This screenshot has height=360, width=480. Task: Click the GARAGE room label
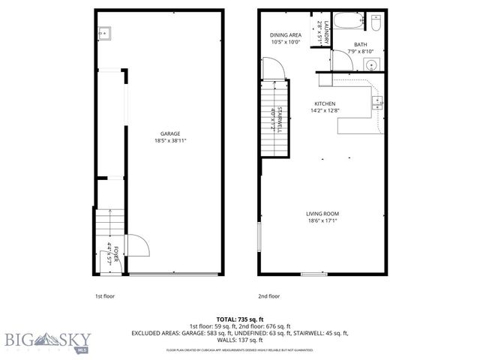[169, 133]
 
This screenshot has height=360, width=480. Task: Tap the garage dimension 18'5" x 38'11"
[169, 141]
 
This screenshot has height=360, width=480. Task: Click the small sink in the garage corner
[104, 32]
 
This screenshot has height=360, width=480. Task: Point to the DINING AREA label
[286, 34]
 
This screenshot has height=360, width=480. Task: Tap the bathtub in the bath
[349, 23]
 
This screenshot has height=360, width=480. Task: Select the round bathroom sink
[371, 65]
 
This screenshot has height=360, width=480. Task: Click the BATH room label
[360, 44]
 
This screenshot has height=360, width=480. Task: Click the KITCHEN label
[324, 103]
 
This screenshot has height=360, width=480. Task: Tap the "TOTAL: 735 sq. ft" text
[239, 319]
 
